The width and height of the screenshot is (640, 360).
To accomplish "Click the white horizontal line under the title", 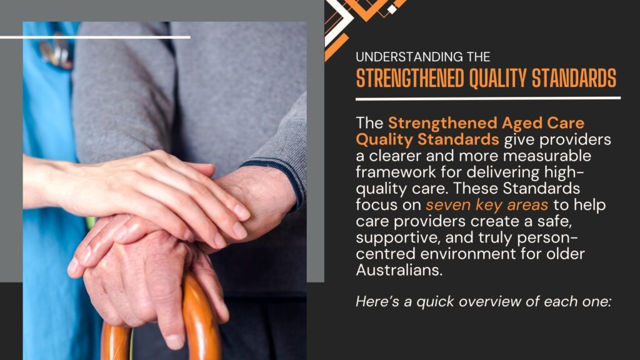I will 487,97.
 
